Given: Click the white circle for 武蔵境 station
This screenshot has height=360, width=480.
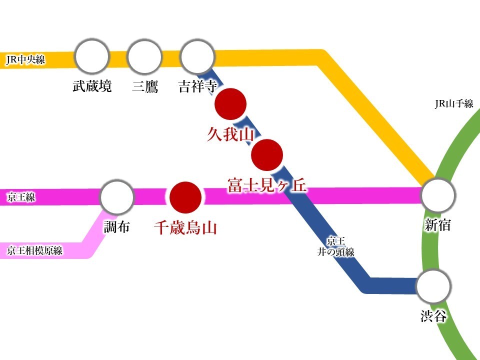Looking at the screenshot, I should click(x=92, y=56).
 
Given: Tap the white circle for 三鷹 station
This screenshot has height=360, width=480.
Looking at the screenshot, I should click(x=145, y=56).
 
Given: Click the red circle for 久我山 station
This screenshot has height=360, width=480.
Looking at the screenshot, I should click(x=230, y=104).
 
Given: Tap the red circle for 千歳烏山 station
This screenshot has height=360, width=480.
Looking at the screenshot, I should click(x=185, y=197).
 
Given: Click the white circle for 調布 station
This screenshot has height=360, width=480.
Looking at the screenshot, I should click(x=117, y=197).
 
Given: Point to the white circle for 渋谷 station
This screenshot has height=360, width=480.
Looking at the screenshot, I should click(x=434, y=286).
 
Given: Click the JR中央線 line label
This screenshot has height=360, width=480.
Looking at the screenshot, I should click(x=25, y=60).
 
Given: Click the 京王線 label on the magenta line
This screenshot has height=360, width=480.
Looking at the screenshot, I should click(x=21, y=198).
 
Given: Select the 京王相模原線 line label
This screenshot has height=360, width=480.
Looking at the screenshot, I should click(x=35, y=250).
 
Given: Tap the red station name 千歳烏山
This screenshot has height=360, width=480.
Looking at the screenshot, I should click(x=185, y=228).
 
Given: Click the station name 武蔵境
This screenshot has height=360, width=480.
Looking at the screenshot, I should click(x=92, y=86).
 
